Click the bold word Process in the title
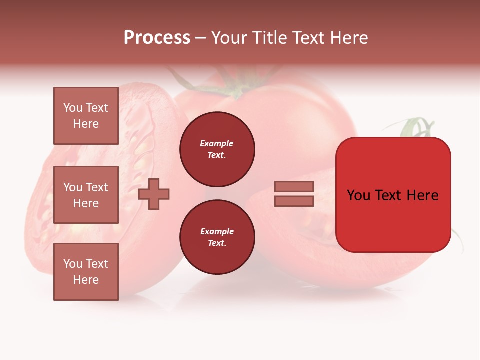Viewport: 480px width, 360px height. tap(157, 38)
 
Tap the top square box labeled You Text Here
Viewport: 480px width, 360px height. tap(86, 116)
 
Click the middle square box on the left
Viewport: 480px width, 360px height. tap(86, 195)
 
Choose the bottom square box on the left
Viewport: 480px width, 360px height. tap(86, 272)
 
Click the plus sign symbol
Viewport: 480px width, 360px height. tap(154, 194)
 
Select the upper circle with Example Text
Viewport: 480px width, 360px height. tap(217, 149)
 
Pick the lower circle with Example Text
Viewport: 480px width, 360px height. tap(217, 237)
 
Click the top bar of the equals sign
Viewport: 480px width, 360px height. tap(294, 186)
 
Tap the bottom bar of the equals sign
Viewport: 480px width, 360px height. tap(294, 201)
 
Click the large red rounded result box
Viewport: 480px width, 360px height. tap(393, 195)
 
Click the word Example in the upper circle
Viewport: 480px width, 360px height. tap(217, 143)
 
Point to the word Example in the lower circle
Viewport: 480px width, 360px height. tap(217, 231)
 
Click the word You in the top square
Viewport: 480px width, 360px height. tap(73, 108)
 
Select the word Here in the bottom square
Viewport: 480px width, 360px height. tap(86, 280)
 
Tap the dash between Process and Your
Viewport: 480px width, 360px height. tap(201, 38)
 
